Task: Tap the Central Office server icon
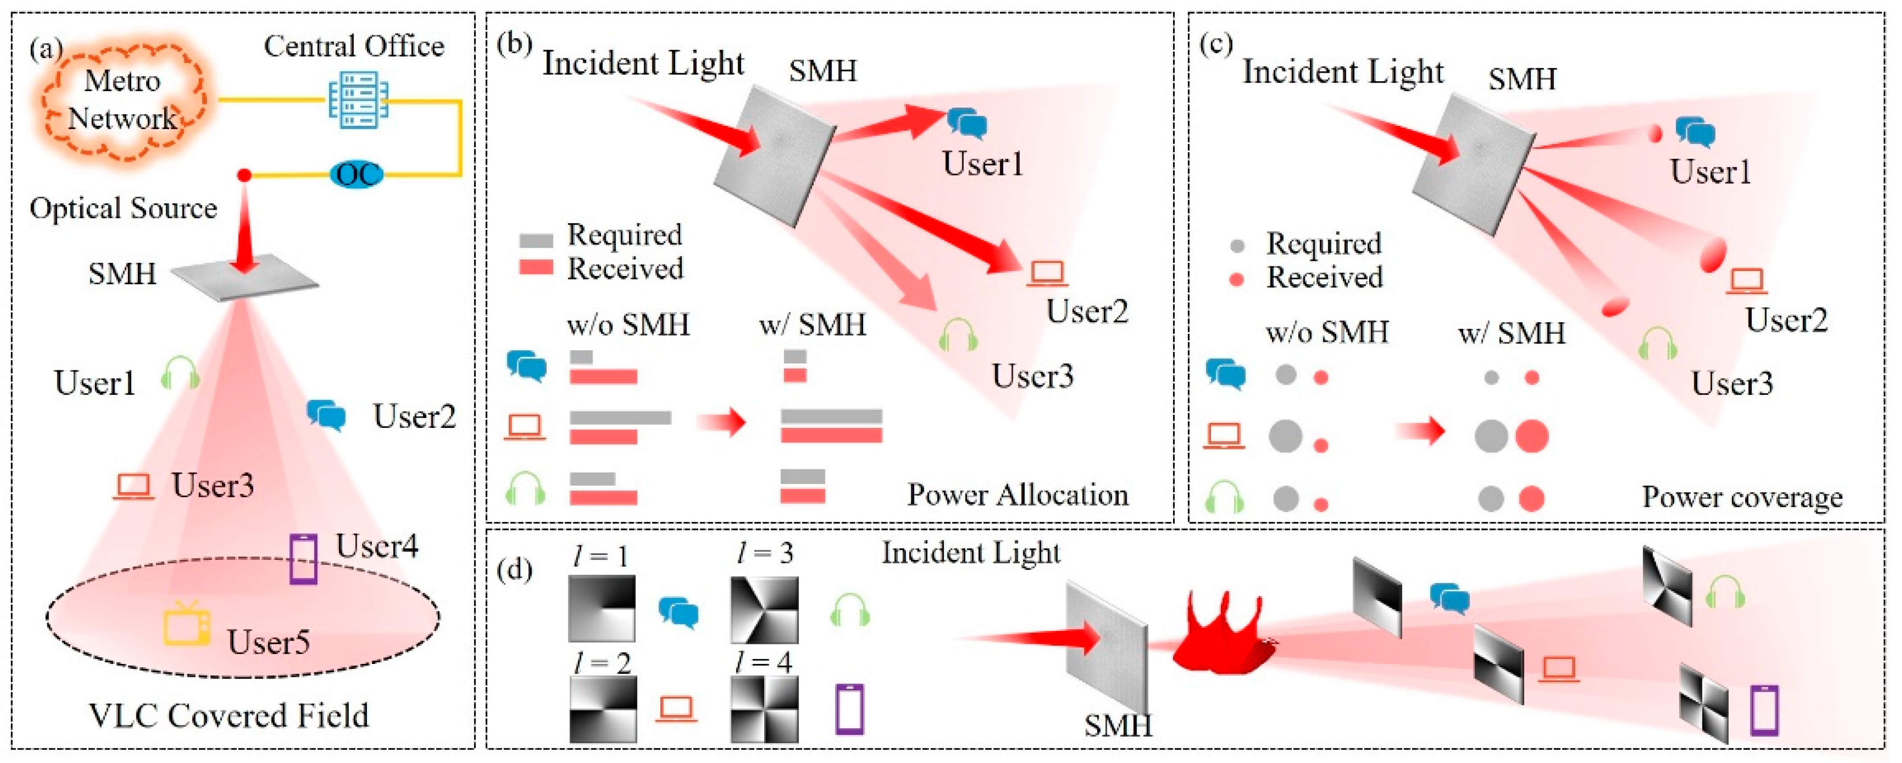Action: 358,100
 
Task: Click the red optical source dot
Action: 243,175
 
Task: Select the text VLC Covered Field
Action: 229,715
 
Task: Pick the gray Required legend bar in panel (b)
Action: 536,240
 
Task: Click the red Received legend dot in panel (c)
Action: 1237,280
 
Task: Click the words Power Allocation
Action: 1017,494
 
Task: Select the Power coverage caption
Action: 1742,497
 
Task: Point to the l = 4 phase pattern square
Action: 764,709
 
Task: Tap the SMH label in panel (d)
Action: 1118,726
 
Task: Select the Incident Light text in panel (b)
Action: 643,63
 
